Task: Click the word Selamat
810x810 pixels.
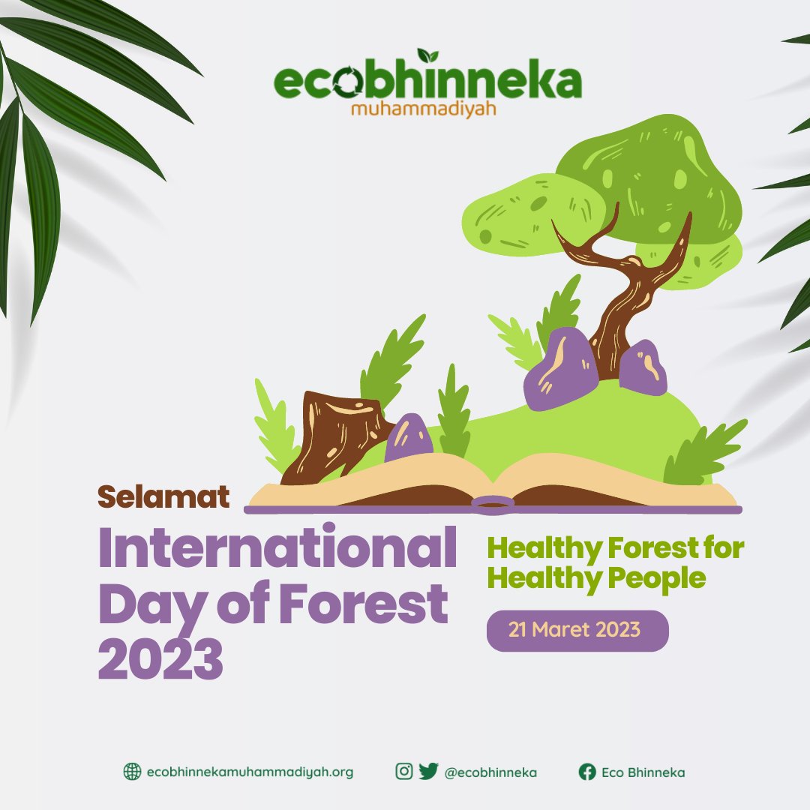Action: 163,496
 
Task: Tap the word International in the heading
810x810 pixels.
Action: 277,549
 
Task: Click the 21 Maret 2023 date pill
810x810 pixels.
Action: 577,630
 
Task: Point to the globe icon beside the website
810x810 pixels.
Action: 132,772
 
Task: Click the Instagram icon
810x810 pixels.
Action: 404,771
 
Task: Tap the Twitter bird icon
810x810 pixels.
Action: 428,771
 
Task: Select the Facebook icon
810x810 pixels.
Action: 587,772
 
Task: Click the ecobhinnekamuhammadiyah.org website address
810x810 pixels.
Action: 250,772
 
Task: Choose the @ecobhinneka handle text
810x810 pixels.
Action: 490,772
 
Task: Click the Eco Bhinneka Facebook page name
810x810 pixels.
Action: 643,772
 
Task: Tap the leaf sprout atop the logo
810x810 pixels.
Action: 428,55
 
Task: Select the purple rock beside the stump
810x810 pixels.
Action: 409,439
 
